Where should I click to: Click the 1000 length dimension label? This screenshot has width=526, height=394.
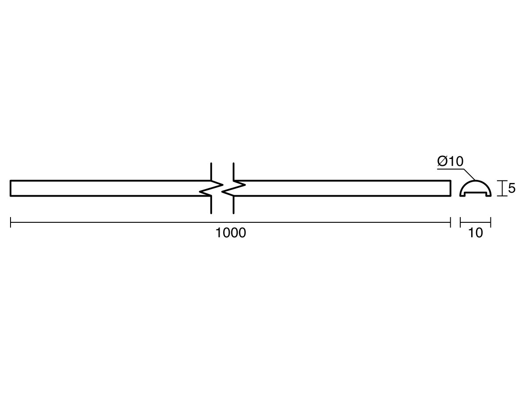tap(231, 233)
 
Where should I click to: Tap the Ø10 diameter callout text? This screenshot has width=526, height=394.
tap(450, 161)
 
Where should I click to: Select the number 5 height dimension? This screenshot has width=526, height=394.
tap(512, 188)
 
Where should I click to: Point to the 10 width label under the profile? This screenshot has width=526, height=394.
tap(476, 233)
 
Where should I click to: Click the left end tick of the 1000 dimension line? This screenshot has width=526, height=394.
tap(11, 222)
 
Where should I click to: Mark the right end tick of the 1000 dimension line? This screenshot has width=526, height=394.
tap(451, 222)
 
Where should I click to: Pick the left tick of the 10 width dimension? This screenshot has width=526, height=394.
tap(460, 222)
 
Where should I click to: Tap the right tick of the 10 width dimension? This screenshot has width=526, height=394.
tap(490, 222)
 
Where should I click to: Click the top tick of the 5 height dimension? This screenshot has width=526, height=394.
tap(502, 181)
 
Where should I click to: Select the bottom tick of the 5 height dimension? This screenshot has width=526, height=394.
tap(502, 196)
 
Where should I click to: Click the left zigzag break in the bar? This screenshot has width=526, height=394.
tap(211, 188)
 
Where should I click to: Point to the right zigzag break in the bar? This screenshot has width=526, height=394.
tap(233, 188)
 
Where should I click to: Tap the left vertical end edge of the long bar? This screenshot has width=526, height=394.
tap(11, 188)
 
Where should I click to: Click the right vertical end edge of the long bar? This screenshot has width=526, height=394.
tap(451, 188)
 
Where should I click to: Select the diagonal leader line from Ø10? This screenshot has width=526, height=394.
tap(469, 175)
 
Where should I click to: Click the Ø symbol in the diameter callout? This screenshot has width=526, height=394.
tap(442, 161)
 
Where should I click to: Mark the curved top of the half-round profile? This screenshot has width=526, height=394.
tap(476, 181)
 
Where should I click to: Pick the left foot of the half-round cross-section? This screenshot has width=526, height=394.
tap(462, 195)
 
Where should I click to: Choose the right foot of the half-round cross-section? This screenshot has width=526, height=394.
tap(488, 195)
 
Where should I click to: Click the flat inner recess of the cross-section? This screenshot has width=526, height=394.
tap(476, 193)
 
